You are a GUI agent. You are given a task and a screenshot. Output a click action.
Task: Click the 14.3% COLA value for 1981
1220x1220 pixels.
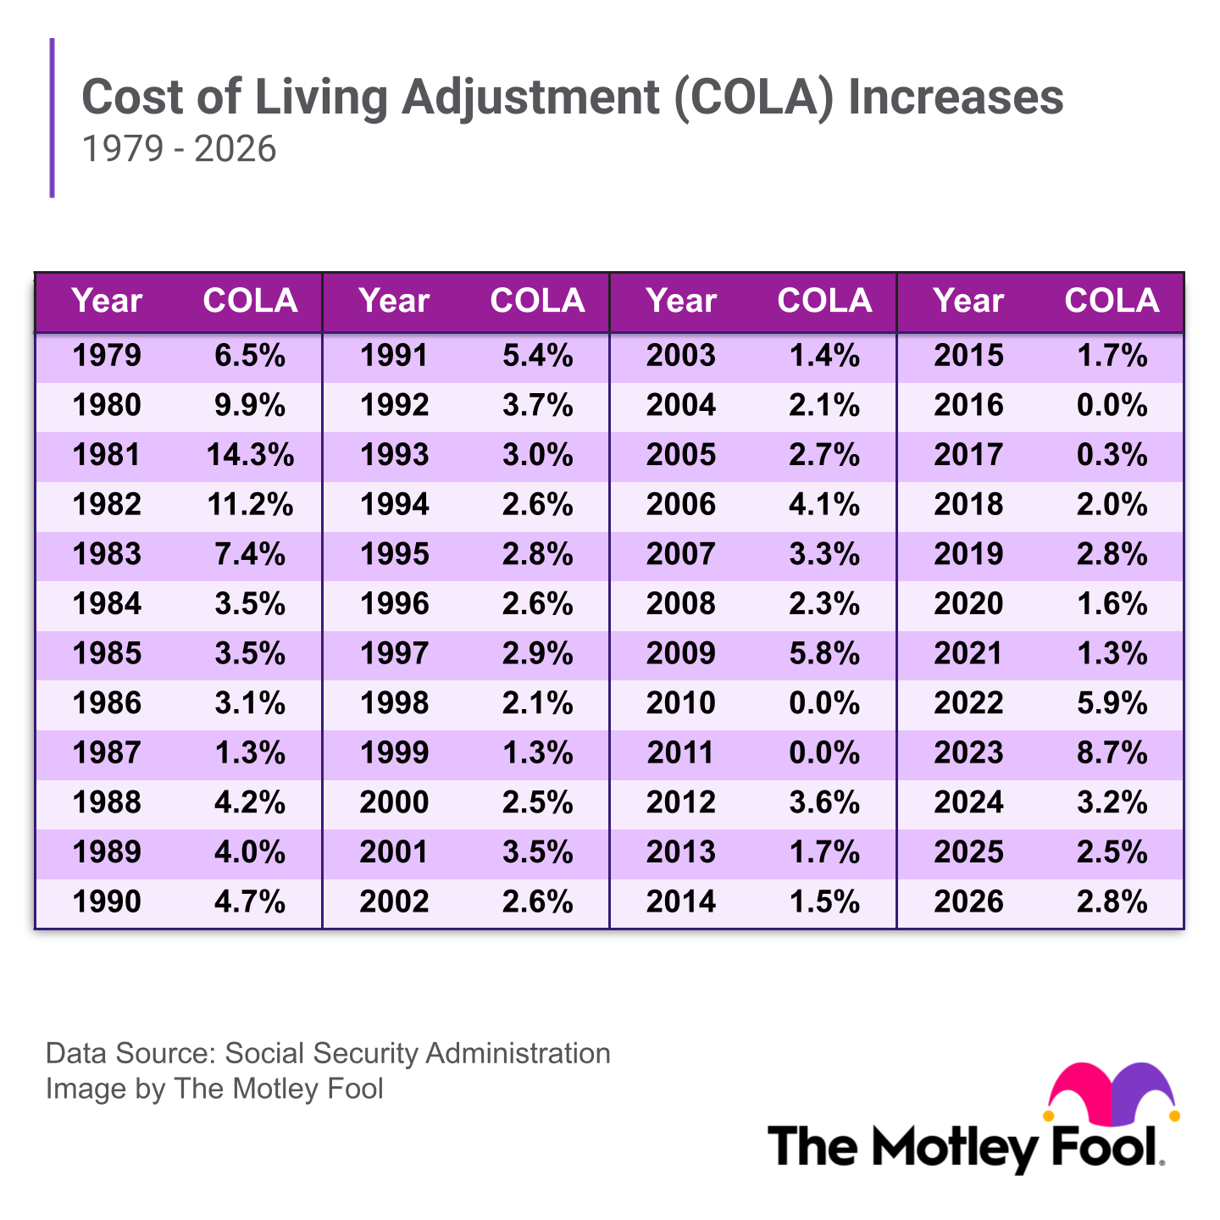[x=250, y=456]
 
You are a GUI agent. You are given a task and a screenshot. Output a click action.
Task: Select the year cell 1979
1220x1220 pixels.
[x=107, y=356]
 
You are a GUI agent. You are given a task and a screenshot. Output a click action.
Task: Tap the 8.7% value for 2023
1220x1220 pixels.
[x=1112, y=753]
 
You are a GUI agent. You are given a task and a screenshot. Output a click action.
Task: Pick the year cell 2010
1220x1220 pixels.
[x=681, y=703]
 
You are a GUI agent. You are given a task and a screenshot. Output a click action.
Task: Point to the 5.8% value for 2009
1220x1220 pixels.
[x=824, y=654]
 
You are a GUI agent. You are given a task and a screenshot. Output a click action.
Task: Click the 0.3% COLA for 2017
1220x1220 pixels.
[x=1112, y=456]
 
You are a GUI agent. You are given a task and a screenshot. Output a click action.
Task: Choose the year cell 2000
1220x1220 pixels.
[x=394, y=802]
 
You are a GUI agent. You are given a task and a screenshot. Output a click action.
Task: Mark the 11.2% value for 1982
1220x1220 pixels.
[x=250, y=505]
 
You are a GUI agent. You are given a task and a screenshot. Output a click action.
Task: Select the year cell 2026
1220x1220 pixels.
[x=968, y=902]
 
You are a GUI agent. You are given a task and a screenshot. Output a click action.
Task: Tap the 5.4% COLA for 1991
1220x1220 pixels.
[x=537, y=356]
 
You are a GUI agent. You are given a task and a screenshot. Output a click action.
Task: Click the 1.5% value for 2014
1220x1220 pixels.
[x=824, y=902]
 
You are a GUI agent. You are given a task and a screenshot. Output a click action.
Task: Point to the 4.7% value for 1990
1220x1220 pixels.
[x=250, y=902]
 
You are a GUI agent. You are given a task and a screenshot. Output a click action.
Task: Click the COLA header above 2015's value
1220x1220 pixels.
[x=1112, y=301]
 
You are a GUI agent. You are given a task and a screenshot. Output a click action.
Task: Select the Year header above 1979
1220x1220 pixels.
[x=107, y=301]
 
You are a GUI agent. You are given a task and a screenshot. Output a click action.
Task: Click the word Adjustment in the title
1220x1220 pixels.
[x=530, y=97]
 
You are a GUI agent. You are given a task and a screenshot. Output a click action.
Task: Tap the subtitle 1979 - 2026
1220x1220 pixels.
[x=179, y=149]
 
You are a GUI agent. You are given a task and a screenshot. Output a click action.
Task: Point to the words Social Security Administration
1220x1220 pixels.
[x=418, y=1053]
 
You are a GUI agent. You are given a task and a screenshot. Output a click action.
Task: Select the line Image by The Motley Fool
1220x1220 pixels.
[x=214, y=1089]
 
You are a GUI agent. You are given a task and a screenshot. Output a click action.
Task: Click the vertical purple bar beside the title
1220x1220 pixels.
[x=53, y=118]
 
